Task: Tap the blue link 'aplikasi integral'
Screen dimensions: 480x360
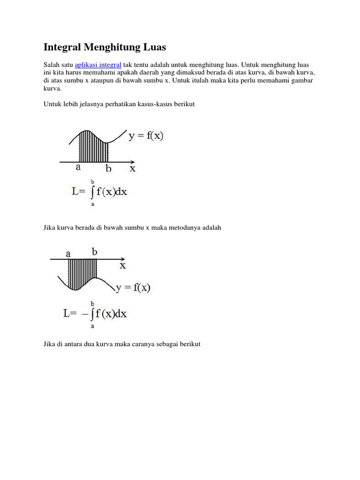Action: pos(98,65)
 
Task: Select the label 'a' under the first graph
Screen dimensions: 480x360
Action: pos(78,167)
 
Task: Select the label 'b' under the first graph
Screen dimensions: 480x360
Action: pos(108,168)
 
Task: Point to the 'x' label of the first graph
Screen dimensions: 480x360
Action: pos(133,168)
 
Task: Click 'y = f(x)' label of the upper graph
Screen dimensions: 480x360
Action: pos(146,136)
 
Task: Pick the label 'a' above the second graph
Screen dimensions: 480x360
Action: pos(68,254)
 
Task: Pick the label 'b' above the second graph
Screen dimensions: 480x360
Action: pos(95,252)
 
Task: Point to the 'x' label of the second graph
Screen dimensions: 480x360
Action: pos(123,265)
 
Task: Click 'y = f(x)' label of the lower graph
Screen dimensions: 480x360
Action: pos(133,287)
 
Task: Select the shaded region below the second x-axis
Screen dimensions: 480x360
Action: pos(82,272)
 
